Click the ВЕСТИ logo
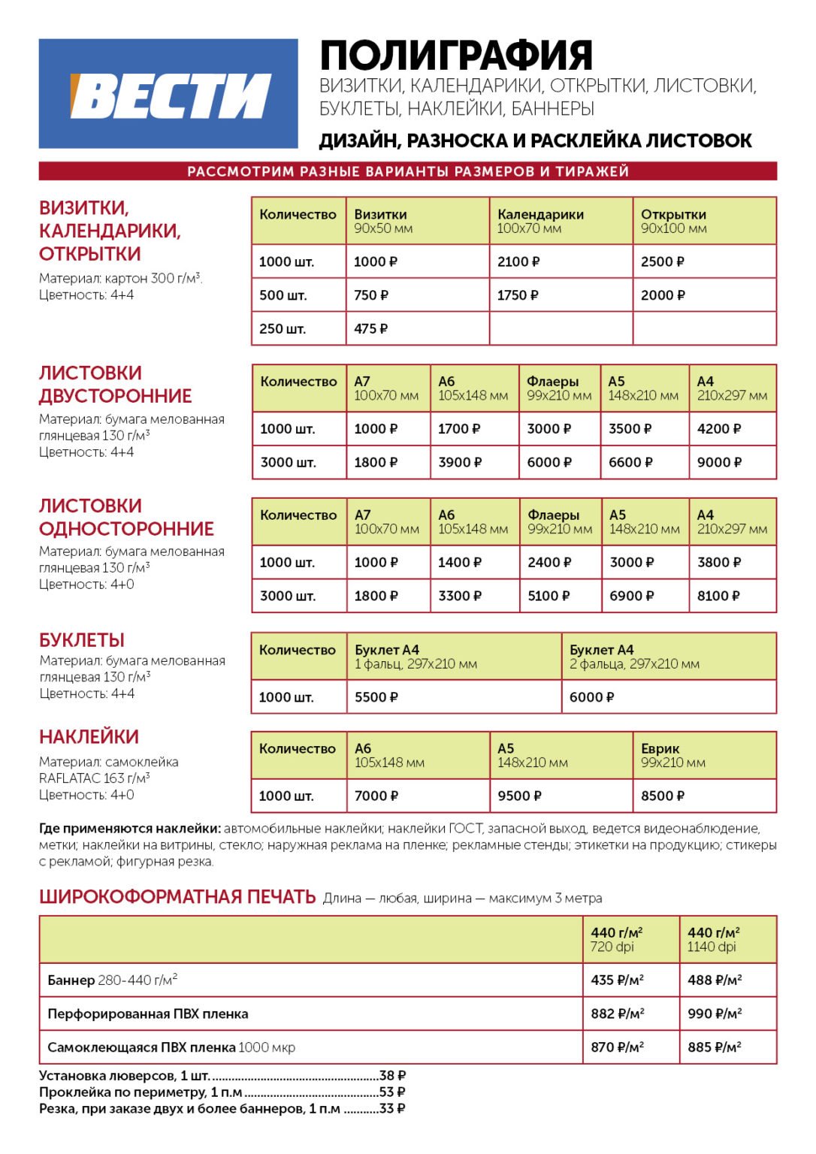[x=169, y=95]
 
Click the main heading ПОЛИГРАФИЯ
[x=456, y=55]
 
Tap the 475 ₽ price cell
[x=371, y=329]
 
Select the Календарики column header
[x=540, y=215]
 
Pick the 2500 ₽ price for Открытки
[x=662, y=262]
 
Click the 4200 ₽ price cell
[x=718, y=429]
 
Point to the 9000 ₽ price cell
[x=718, y=463]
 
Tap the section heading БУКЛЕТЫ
[x=82, y=640]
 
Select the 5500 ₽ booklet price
[x=376, y=697]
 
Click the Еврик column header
[x=660, y=749]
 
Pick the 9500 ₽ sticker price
[x=519, y=796]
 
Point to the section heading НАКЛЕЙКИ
[x=89, y=737]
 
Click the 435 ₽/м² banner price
[x=617, y=980]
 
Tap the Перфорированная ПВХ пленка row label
[x=148, y=1014]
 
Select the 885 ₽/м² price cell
[x=715, y=1047]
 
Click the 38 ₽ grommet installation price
[x=392, y=1076]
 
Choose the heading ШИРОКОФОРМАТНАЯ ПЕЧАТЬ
[x=177, y=897]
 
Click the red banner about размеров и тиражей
[x=407, y=171]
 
